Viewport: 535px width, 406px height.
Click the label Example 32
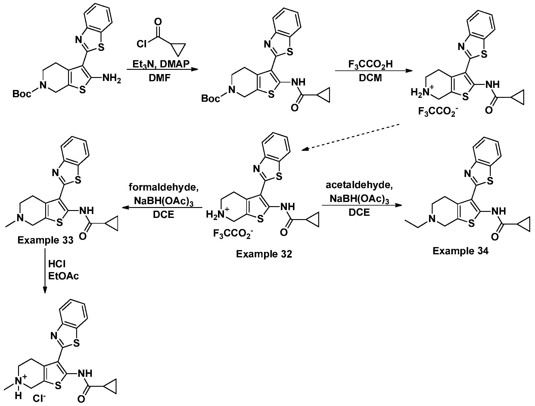[264, 254]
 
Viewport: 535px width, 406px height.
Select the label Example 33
[45, 240]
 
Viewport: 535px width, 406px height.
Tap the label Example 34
[460, 251]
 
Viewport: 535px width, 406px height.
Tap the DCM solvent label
[370, 78]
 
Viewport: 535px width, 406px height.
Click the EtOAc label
[64, 276]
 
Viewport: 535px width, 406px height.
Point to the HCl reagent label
[57, 264]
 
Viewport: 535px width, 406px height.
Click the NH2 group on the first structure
[112, 79]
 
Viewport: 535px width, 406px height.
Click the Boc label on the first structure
[22, 94]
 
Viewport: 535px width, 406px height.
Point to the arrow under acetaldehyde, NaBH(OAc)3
[362, 205]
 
